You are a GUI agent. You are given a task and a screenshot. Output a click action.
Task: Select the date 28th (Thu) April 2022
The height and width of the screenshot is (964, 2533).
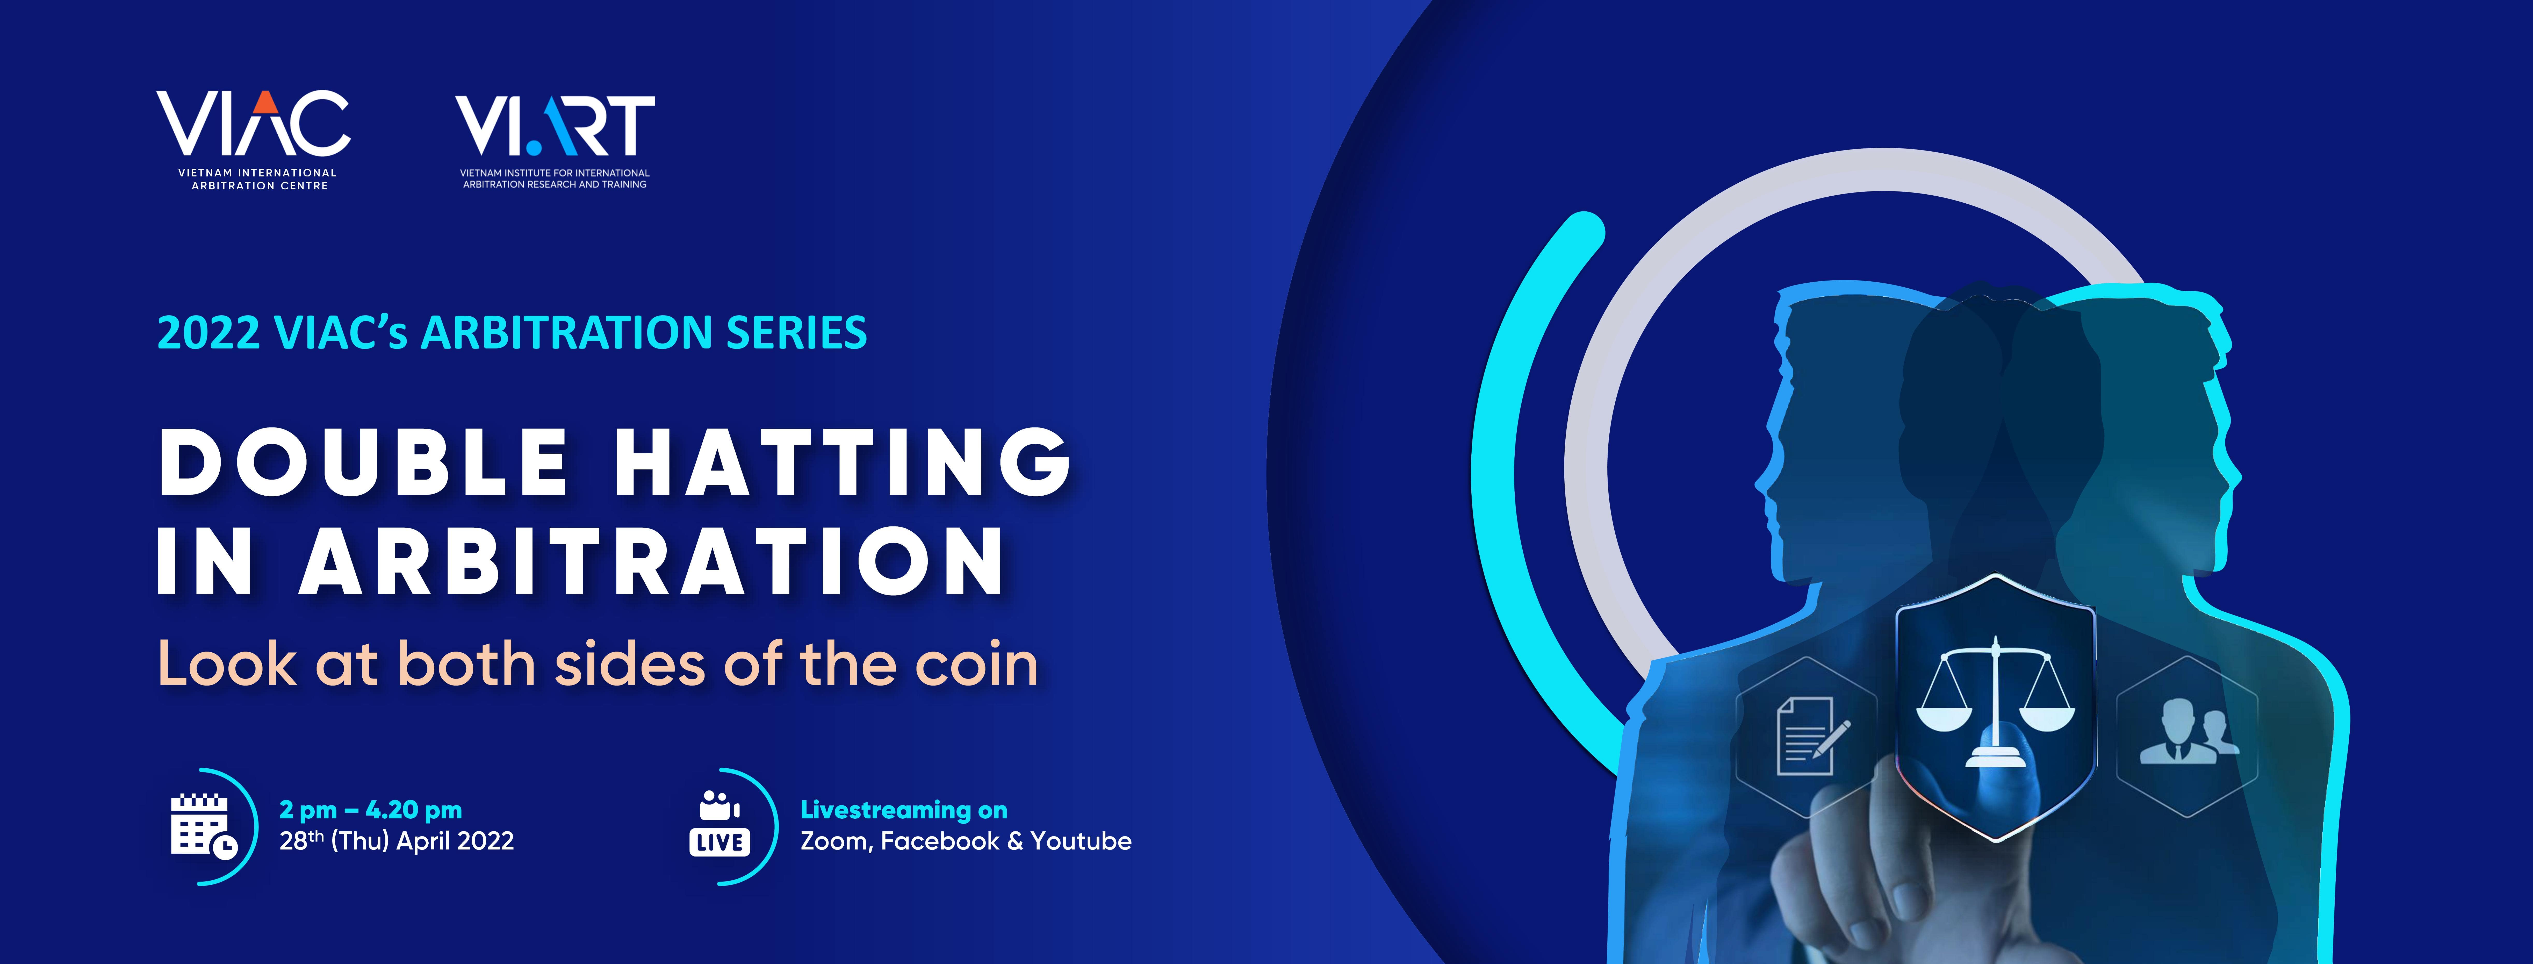pyautogui.click(x=396, y=841)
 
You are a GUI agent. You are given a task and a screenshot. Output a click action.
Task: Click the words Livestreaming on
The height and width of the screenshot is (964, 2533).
pyautogui.click(x=904, y=810)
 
